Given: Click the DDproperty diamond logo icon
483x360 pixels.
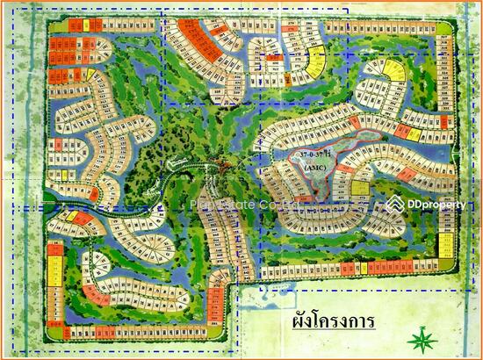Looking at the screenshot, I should click(393, 204).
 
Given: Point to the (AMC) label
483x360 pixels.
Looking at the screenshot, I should click(314, 167).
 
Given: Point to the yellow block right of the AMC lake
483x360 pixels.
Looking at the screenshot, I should click(359, 184).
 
